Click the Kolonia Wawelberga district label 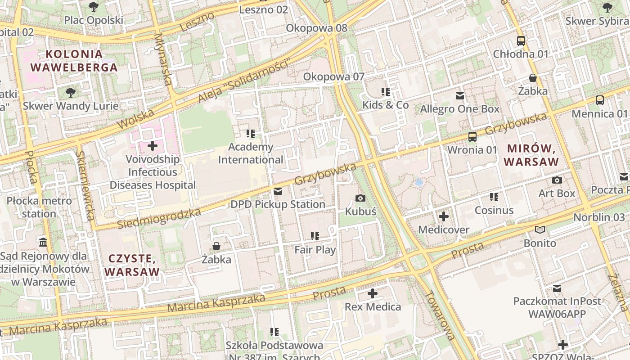[74, 61]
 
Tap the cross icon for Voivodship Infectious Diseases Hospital [153, 146]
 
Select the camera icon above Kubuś [360, 198]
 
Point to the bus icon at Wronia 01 [472, 136]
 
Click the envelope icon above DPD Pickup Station [278, 192]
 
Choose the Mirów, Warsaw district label [531, 155]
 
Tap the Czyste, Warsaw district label [132, 265]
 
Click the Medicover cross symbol [444, 216]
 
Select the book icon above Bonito [540, 230]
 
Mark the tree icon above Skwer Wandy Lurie [70, 93]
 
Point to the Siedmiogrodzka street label [159, 218]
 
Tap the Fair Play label [315, 250]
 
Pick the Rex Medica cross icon [373, 294]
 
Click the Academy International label [251, 153]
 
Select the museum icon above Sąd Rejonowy [44, 243]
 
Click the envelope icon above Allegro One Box [460, 96]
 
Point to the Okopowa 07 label [333, 76]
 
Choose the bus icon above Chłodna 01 [521, 41]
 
